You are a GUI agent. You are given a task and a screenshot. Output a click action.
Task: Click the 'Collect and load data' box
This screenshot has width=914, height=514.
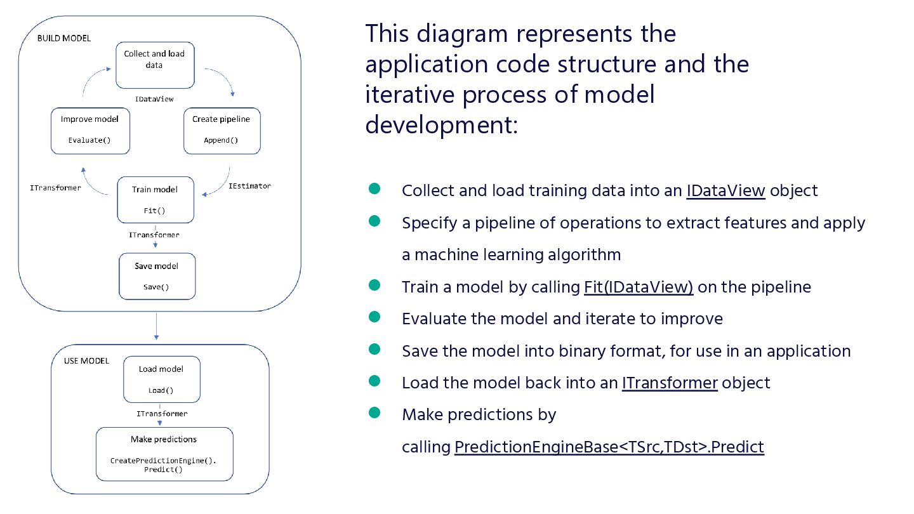coord(154,65)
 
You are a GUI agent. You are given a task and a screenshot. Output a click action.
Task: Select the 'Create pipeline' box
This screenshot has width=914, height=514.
coord(221,130)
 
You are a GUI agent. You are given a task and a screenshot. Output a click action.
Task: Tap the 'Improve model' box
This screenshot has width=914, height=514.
coord(89,130)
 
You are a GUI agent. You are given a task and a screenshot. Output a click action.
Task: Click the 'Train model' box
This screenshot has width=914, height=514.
coord(155,199)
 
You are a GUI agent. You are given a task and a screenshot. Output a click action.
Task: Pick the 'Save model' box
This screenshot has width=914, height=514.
coord(156,276)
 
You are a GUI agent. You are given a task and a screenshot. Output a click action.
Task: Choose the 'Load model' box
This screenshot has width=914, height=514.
coord(161,379)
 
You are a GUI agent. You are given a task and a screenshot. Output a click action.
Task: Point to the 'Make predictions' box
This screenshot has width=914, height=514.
coord(164,454)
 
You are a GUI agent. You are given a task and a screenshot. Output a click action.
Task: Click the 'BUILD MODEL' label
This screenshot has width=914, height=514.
coord(63,38)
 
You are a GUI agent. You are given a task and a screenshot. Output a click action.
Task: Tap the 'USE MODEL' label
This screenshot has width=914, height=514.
coord(86,361)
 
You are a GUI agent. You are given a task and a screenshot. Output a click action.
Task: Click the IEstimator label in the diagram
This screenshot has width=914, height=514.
coord(249,186)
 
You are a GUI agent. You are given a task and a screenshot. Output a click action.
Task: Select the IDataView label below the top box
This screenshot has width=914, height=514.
coord(154,99)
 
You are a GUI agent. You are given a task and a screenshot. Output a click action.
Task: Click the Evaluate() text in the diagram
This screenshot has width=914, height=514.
coord(89,140)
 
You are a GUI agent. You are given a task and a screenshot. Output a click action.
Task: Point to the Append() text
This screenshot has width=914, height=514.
coord(221,140)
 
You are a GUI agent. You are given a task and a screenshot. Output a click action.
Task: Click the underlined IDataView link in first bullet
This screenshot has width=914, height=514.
coord(725,190)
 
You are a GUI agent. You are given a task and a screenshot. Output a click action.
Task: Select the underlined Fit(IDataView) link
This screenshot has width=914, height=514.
coord(639,287)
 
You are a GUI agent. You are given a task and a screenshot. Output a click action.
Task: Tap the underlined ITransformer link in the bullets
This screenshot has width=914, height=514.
coord(670,383)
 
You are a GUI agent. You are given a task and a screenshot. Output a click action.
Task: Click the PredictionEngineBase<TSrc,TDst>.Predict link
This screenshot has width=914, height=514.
coord(609,447)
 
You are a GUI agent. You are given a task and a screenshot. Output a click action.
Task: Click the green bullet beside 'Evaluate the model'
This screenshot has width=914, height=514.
coord(374,317)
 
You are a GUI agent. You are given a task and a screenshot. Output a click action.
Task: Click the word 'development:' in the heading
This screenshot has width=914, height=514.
coord(442,124)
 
